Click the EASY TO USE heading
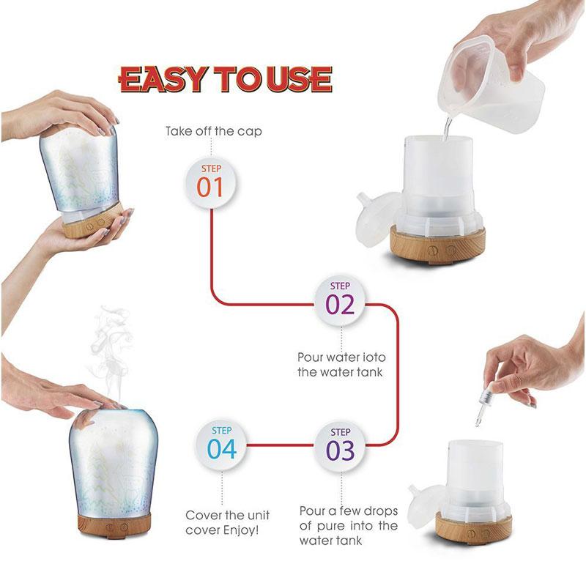226,79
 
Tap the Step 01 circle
210,182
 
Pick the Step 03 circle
340,445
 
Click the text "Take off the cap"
213,132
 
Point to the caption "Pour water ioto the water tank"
341,364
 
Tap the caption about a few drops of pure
348,525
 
